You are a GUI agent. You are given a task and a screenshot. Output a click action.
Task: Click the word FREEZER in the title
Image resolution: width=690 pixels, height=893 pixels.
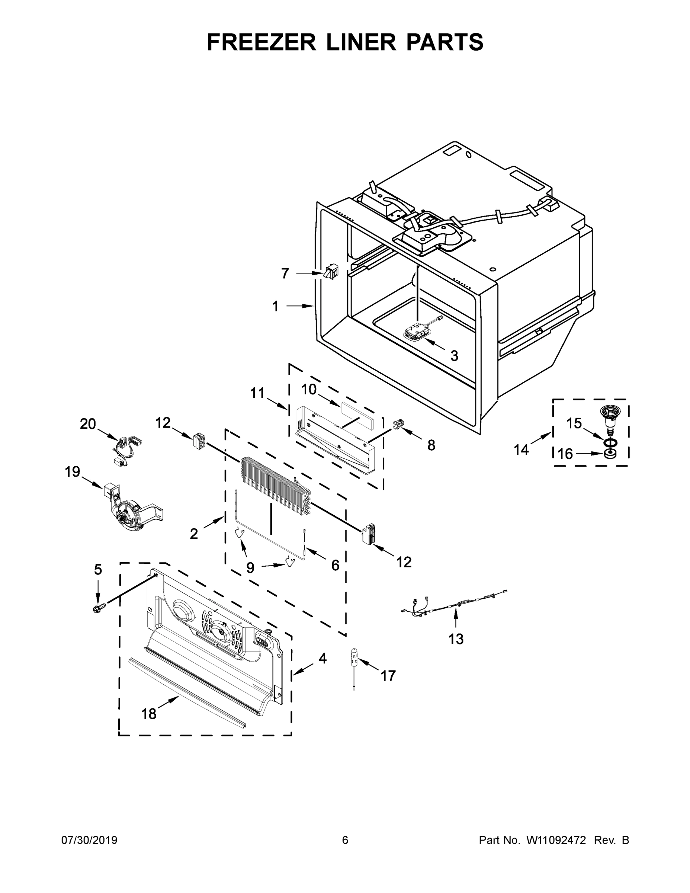pyautogui.click(x=261, y=42)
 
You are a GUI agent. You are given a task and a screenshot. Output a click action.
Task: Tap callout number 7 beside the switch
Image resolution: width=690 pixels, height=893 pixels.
pyautogui.click(x=285, y=273)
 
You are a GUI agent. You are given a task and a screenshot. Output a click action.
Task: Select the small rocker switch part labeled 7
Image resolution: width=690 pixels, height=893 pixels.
pyautogui.click(x=331, y=272)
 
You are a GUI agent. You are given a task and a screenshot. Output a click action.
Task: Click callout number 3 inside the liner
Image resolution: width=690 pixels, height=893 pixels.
pyautogui.click(x=454, y=356)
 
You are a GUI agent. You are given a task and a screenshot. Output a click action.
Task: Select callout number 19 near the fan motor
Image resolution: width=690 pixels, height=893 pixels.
pyautogui.click(x=73, y=472)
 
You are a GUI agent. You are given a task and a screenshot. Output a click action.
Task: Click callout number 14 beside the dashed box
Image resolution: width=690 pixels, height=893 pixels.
pyautogui.click(x=521, y=450)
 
